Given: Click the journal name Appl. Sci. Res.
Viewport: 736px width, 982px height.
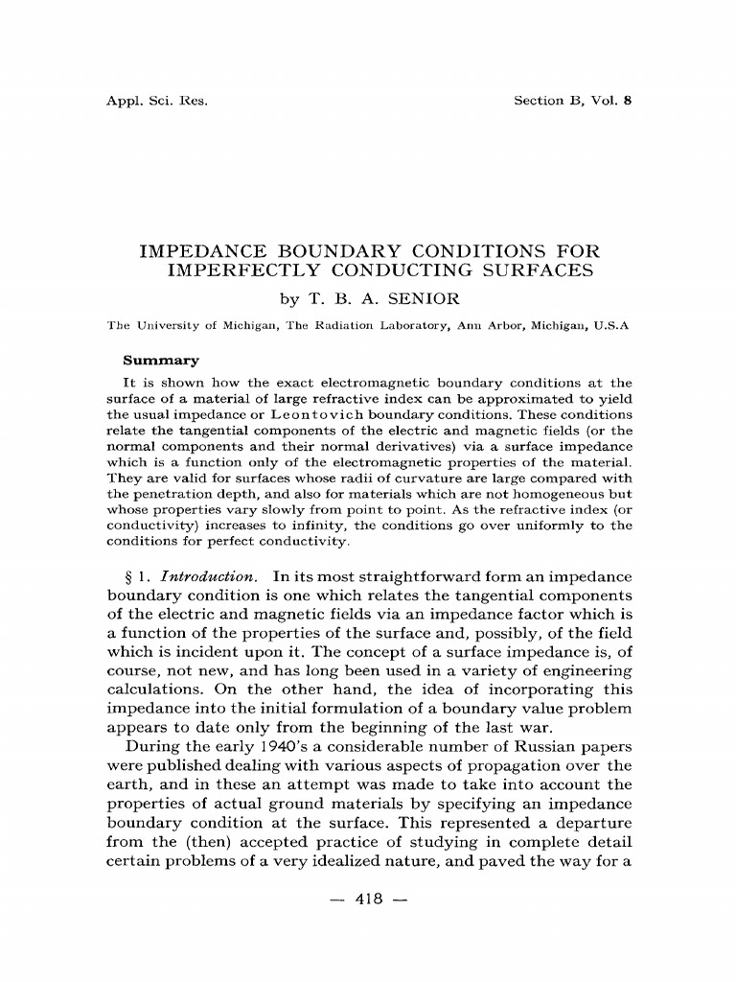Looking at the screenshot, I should [156, 101].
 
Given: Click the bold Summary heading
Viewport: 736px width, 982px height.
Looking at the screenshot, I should [161, 362].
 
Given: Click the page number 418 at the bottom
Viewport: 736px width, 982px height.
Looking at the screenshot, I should [368, 899].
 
